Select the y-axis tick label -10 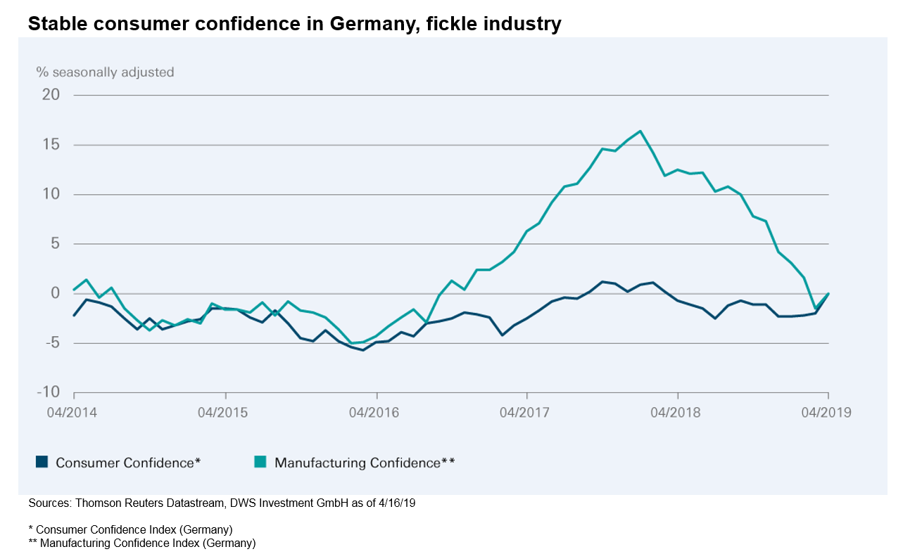(x=49, y=392)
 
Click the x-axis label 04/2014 (x=73, y=413)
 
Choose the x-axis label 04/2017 (x=526, y=413)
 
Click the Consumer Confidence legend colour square (x=42, y=462)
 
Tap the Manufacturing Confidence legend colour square (x=261, y=462)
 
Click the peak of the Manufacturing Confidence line (x=640, y=131)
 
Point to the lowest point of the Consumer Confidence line (x=363, y=350)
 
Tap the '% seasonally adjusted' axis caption (x=105, y=72)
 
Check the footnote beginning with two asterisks (x=141, y=543)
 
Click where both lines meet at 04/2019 (x=828, y=293)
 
